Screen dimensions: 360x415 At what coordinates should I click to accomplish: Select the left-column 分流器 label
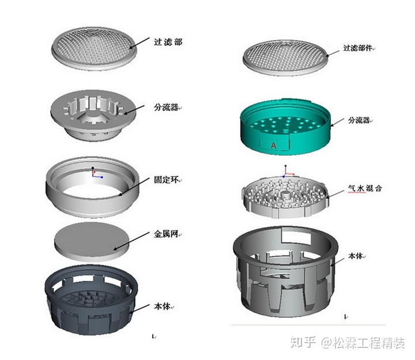click(167, 107)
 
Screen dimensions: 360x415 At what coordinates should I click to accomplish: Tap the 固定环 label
click(168, 180)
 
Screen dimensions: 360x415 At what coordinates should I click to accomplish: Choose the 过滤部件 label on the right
click(359, 48)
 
